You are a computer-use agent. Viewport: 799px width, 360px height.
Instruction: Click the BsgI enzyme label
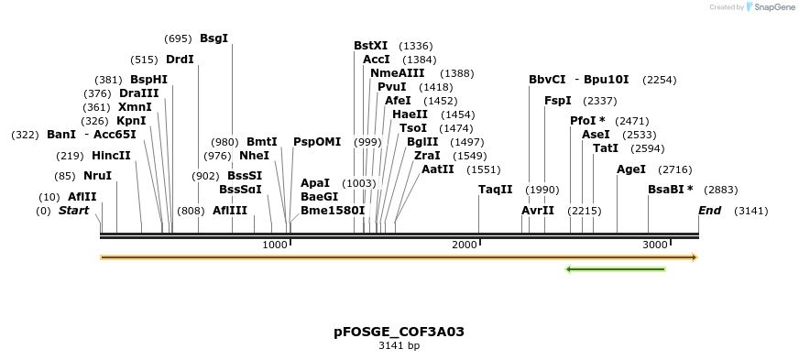click(x=213, y=38)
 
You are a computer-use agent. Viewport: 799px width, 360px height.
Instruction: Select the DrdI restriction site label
click(x=180, y=60)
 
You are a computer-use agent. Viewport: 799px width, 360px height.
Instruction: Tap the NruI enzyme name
click(x=97, y=176)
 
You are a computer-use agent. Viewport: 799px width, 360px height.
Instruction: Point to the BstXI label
click(x=371, y=46)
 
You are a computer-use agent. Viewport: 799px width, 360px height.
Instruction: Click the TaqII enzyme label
click(x=495, y=190)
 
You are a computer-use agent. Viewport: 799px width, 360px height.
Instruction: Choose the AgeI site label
click(x=631, y=169)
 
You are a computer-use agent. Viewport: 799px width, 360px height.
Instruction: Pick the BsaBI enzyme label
click(x=667, y=190)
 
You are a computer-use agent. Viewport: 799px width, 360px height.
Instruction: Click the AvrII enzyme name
click(x=538, y=211)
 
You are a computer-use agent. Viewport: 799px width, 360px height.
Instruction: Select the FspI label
click(x=557, y=101)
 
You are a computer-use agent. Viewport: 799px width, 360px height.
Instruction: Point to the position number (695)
click(x=178, y=38)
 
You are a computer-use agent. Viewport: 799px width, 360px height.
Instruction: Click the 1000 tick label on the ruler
click(x=275, y=245)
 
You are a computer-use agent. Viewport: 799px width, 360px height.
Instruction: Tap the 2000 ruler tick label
click(x=465, y=245)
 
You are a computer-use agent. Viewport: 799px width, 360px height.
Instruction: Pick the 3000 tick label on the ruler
click(x=654, y=245)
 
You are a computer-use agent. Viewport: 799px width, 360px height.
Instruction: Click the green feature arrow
click(x=615, y=269)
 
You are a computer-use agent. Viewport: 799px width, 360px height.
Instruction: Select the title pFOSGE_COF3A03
click(x=399, y=331)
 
